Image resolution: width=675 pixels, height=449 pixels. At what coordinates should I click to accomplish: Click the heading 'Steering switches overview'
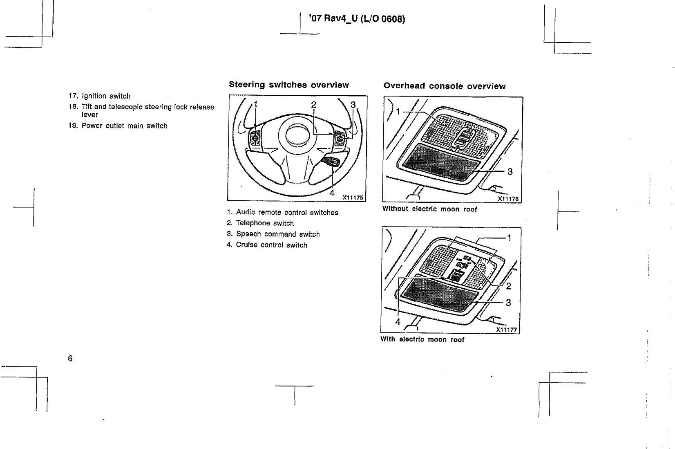point(288,85)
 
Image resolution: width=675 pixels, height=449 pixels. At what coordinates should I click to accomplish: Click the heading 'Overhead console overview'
point(444,86)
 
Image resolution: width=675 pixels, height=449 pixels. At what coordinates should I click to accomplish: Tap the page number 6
point(70,359)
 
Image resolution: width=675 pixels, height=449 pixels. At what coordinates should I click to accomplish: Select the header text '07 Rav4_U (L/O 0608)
point(357,19)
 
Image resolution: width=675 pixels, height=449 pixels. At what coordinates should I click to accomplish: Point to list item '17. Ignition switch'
point(99,96)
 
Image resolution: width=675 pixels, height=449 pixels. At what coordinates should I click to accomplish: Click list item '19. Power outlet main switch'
point(118,126)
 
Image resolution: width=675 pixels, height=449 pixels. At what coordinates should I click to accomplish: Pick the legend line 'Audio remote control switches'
point(283,213)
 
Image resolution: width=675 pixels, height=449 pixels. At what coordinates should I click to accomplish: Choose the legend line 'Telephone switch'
point(260,223)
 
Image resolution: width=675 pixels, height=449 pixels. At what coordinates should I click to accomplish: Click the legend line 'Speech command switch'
point(273,234)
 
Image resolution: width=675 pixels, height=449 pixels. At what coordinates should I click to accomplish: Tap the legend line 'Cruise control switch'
point(267,245)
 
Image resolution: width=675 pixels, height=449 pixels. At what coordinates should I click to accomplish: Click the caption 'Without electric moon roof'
point(429,209)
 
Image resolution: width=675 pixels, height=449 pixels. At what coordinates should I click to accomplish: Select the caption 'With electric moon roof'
point(422,339)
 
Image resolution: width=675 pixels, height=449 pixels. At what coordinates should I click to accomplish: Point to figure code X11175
point(353,198)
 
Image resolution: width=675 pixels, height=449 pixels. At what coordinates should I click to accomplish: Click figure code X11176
point(508,199)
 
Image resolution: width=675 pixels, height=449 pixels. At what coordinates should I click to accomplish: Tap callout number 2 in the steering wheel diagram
point(314,104)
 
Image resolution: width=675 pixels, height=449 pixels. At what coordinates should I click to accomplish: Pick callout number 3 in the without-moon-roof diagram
point(510,172)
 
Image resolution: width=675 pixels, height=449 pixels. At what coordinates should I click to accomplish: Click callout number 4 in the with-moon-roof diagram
point(398,322)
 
